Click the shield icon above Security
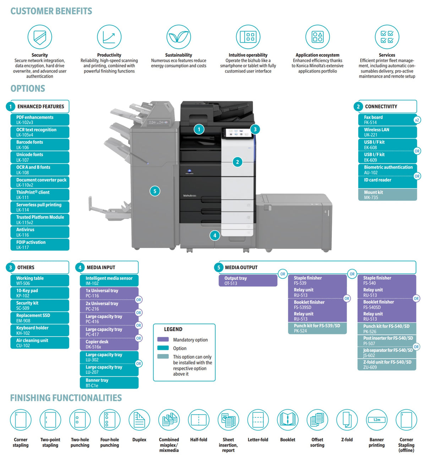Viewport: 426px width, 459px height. (x=39, y=37)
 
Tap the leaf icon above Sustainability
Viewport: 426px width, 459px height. (x=179, y=37)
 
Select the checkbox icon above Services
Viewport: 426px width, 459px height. (x=387, y=37)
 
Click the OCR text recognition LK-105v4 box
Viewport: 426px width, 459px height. (x=40, y=132)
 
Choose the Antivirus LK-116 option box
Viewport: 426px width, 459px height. (x=40, y=232)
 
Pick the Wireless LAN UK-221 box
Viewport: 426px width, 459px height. (x=387, y=132)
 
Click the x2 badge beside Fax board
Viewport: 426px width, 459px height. (x=417, y=120)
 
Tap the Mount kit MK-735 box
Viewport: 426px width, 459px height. (x=387, y=195)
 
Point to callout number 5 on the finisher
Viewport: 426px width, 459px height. (x=155, y=191)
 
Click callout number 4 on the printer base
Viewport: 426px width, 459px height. (x=215, y=235)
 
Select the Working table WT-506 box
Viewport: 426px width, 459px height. (x=40, y=281)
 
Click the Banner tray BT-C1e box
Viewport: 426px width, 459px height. (x=109, y=383)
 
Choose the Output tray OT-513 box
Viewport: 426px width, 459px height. (x=248, y=281)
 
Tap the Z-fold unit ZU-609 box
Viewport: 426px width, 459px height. (x=387, y=365)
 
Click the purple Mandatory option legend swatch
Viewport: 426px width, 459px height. (x=163, y=339)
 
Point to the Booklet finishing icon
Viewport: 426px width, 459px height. (x=288, y=420)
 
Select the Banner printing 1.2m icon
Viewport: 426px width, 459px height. (x=377, y=420)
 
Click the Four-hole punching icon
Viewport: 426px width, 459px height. (x=109, y=420)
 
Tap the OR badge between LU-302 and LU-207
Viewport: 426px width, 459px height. (x=138, y=364)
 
